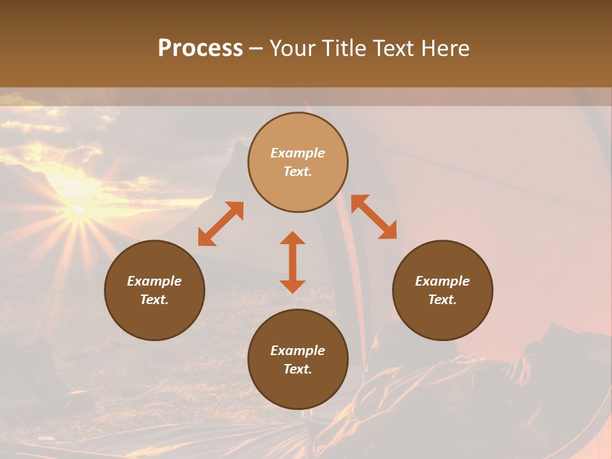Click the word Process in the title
point(200,48)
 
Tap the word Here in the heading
point(444,48)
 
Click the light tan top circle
point(298,162)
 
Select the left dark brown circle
point(154,290)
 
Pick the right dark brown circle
point(442,290)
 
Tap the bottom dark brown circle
point(298,360)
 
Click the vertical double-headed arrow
point(293,262)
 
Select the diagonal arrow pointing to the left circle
point(221,224)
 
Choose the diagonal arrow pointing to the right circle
point(374,217)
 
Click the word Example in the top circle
point(298,153)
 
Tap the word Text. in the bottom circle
point(298,369)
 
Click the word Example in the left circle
point(154,281)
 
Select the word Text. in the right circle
point(442,300)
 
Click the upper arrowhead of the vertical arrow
point(293,238)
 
